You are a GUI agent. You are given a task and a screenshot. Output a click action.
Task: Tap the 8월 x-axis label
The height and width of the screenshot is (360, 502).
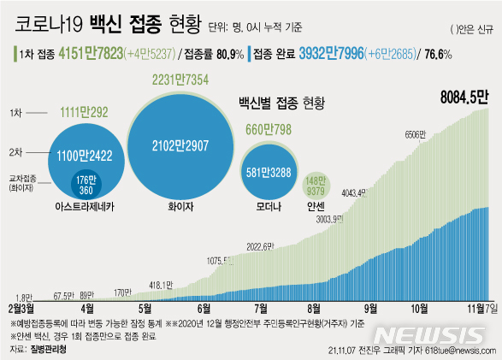pyautogui.click(x=314, y=308)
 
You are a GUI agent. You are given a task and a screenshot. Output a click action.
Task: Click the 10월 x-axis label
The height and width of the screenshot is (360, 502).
pyautogui.click(x=420, y=308)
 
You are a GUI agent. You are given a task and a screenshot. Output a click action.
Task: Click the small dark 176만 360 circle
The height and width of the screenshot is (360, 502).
pyautogui.click(x=86, y=182)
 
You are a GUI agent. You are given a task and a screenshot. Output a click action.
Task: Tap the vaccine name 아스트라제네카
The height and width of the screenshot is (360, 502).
pyautogui.click(x=84, y=206)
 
